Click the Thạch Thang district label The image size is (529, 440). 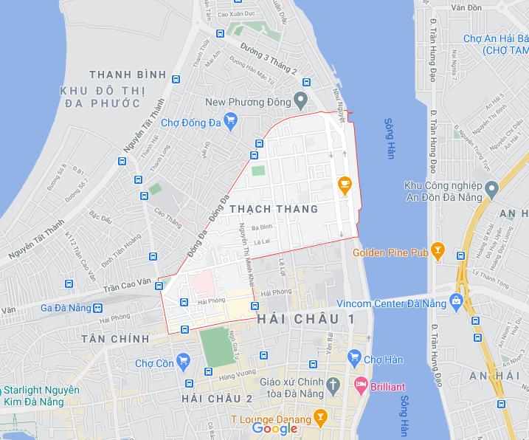click(x=274, y=209)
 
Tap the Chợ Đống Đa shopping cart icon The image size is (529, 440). click(x=231, y=120)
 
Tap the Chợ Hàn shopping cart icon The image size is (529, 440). click(x=354, y=358)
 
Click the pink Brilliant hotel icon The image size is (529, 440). click(x=361, y=385)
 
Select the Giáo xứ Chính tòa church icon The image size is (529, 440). click(x=333, y=384)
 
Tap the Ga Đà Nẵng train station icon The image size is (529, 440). click(x=98, y=307)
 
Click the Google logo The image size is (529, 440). click(x=274, y=428)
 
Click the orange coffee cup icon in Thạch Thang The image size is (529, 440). click(x=343, y=185)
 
